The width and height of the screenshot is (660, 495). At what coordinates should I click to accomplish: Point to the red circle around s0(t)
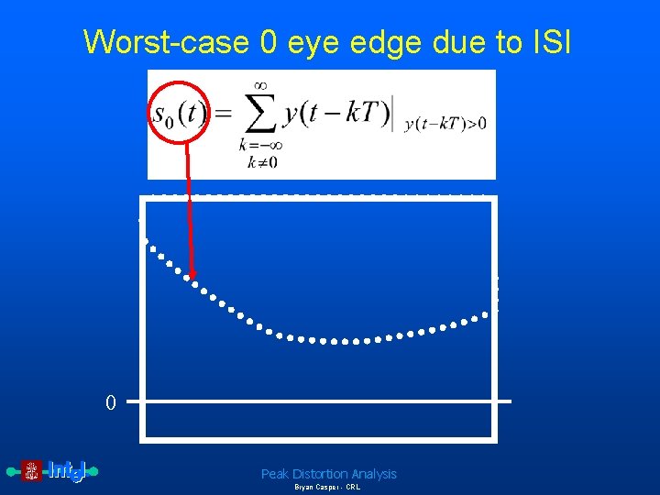tap(181, 114)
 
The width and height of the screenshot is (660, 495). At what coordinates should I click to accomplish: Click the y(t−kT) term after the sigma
tap(335, 115)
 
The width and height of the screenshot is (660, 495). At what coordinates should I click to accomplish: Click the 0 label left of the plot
tap(110, 402)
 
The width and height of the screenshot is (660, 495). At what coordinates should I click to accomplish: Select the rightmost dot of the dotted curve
tap(486, 317)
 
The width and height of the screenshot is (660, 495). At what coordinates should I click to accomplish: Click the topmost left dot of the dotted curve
tap(145, 240)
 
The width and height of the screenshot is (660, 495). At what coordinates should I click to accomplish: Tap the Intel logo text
tap(66, 471)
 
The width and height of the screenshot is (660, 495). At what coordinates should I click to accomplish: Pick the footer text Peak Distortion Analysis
tap(328, 474)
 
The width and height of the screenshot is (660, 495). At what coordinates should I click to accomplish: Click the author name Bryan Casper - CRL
tap(327, 488)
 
